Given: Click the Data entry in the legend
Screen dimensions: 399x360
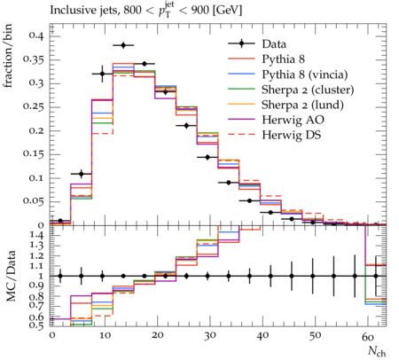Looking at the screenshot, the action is (274, 44).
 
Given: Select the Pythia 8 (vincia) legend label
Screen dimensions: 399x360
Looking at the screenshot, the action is (305, 74).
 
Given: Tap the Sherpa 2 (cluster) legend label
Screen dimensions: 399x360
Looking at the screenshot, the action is (308, 90).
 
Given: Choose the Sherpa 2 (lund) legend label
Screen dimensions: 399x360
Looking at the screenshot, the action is (302, 105).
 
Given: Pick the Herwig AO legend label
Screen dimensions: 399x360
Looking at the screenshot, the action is (293, 120).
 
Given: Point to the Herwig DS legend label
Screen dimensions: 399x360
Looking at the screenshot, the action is (292, 135).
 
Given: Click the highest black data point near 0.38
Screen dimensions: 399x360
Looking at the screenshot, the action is (123, 45).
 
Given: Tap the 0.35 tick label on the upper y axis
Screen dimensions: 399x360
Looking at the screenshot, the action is (33, 59).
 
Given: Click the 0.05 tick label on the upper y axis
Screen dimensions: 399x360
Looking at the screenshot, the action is (33, 201).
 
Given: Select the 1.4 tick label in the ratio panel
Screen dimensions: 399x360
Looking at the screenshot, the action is (37, 236).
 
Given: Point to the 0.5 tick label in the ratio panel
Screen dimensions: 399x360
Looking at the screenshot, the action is (37, 325).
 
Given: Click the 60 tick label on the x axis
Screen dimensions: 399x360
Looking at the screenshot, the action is (368, 336).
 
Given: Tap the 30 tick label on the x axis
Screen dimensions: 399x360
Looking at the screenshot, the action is (209, 336).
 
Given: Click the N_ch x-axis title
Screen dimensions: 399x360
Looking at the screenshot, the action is (377, 351).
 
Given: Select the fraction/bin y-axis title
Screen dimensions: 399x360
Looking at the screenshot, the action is (8, 56).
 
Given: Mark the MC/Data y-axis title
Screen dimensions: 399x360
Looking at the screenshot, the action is (11, 276).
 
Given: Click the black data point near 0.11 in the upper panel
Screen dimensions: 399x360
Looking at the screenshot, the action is (82, 174).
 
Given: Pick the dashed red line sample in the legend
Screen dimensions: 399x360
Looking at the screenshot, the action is (241, 135).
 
